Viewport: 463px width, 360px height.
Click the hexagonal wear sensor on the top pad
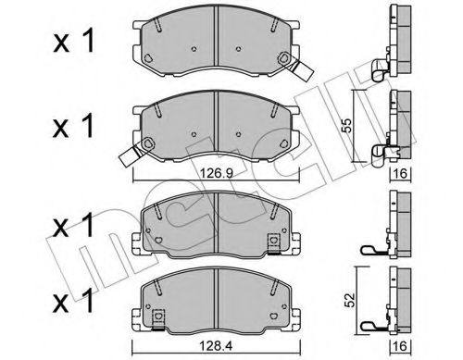282,64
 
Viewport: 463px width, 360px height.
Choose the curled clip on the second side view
377,154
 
